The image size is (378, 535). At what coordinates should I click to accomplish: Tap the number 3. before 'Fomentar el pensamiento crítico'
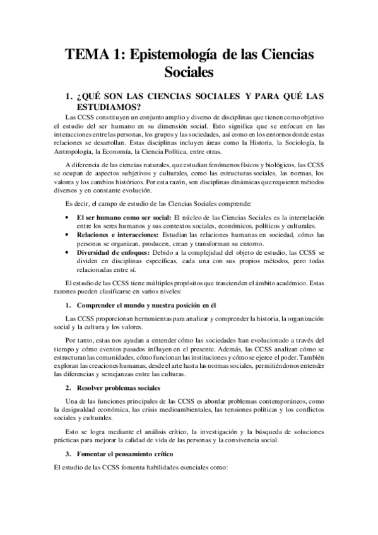pos(69,454)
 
